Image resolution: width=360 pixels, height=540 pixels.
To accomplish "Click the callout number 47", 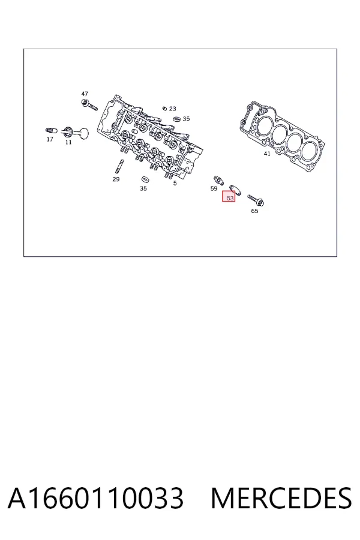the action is pyautogui.click(x=85, y=94).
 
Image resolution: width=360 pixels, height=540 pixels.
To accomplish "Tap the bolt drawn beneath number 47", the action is pyautogui.click(x=89, y=105).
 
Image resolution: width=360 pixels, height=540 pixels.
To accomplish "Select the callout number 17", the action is pyautogui.click(x=50, y=139).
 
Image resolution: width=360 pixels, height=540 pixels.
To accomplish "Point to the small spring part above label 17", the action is pyautogui.click(x=52, y=131).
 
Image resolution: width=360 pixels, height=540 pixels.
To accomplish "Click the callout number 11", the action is pyautogui.click(x=68, y=142).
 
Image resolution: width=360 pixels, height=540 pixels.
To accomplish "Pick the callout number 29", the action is pyautogui.click(x=116, y=179).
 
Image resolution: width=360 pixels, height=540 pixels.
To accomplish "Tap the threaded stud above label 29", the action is pyautogui.click(x=119, y=167).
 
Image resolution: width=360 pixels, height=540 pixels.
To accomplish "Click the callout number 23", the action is pyautogui.click(x=173, y=109).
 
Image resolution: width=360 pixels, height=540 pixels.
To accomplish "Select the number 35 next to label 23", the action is pyautogui.click(x=186, y=119).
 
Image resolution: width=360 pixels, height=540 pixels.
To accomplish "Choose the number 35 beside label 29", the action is pyautogui.click(x=143, y=188).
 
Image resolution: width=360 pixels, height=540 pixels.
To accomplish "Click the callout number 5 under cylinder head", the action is pyautogui.click(x=175, y=183).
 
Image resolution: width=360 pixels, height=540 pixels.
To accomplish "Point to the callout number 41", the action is pyautogui.click(x=267, y=154).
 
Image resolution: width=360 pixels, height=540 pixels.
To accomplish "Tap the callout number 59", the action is pyautogui.click(x=214, y=188).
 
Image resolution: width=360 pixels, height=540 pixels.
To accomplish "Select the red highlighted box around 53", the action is pyautogui.click(x=229, y=196).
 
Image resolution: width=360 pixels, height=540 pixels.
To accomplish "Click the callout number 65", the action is pyautogui.click(x=254, y=211).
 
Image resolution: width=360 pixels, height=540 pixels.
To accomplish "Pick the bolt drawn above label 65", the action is pyautogui.click(x=256, y=200).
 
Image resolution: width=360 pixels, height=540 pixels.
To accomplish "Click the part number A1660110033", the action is pyautogui.click(x=96, y=498).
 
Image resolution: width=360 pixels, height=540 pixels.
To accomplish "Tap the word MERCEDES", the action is pyautogui.click(x=281, y=498).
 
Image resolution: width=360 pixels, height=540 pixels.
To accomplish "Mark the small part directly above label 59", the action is pyautogui.click(x=218, y=180).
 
